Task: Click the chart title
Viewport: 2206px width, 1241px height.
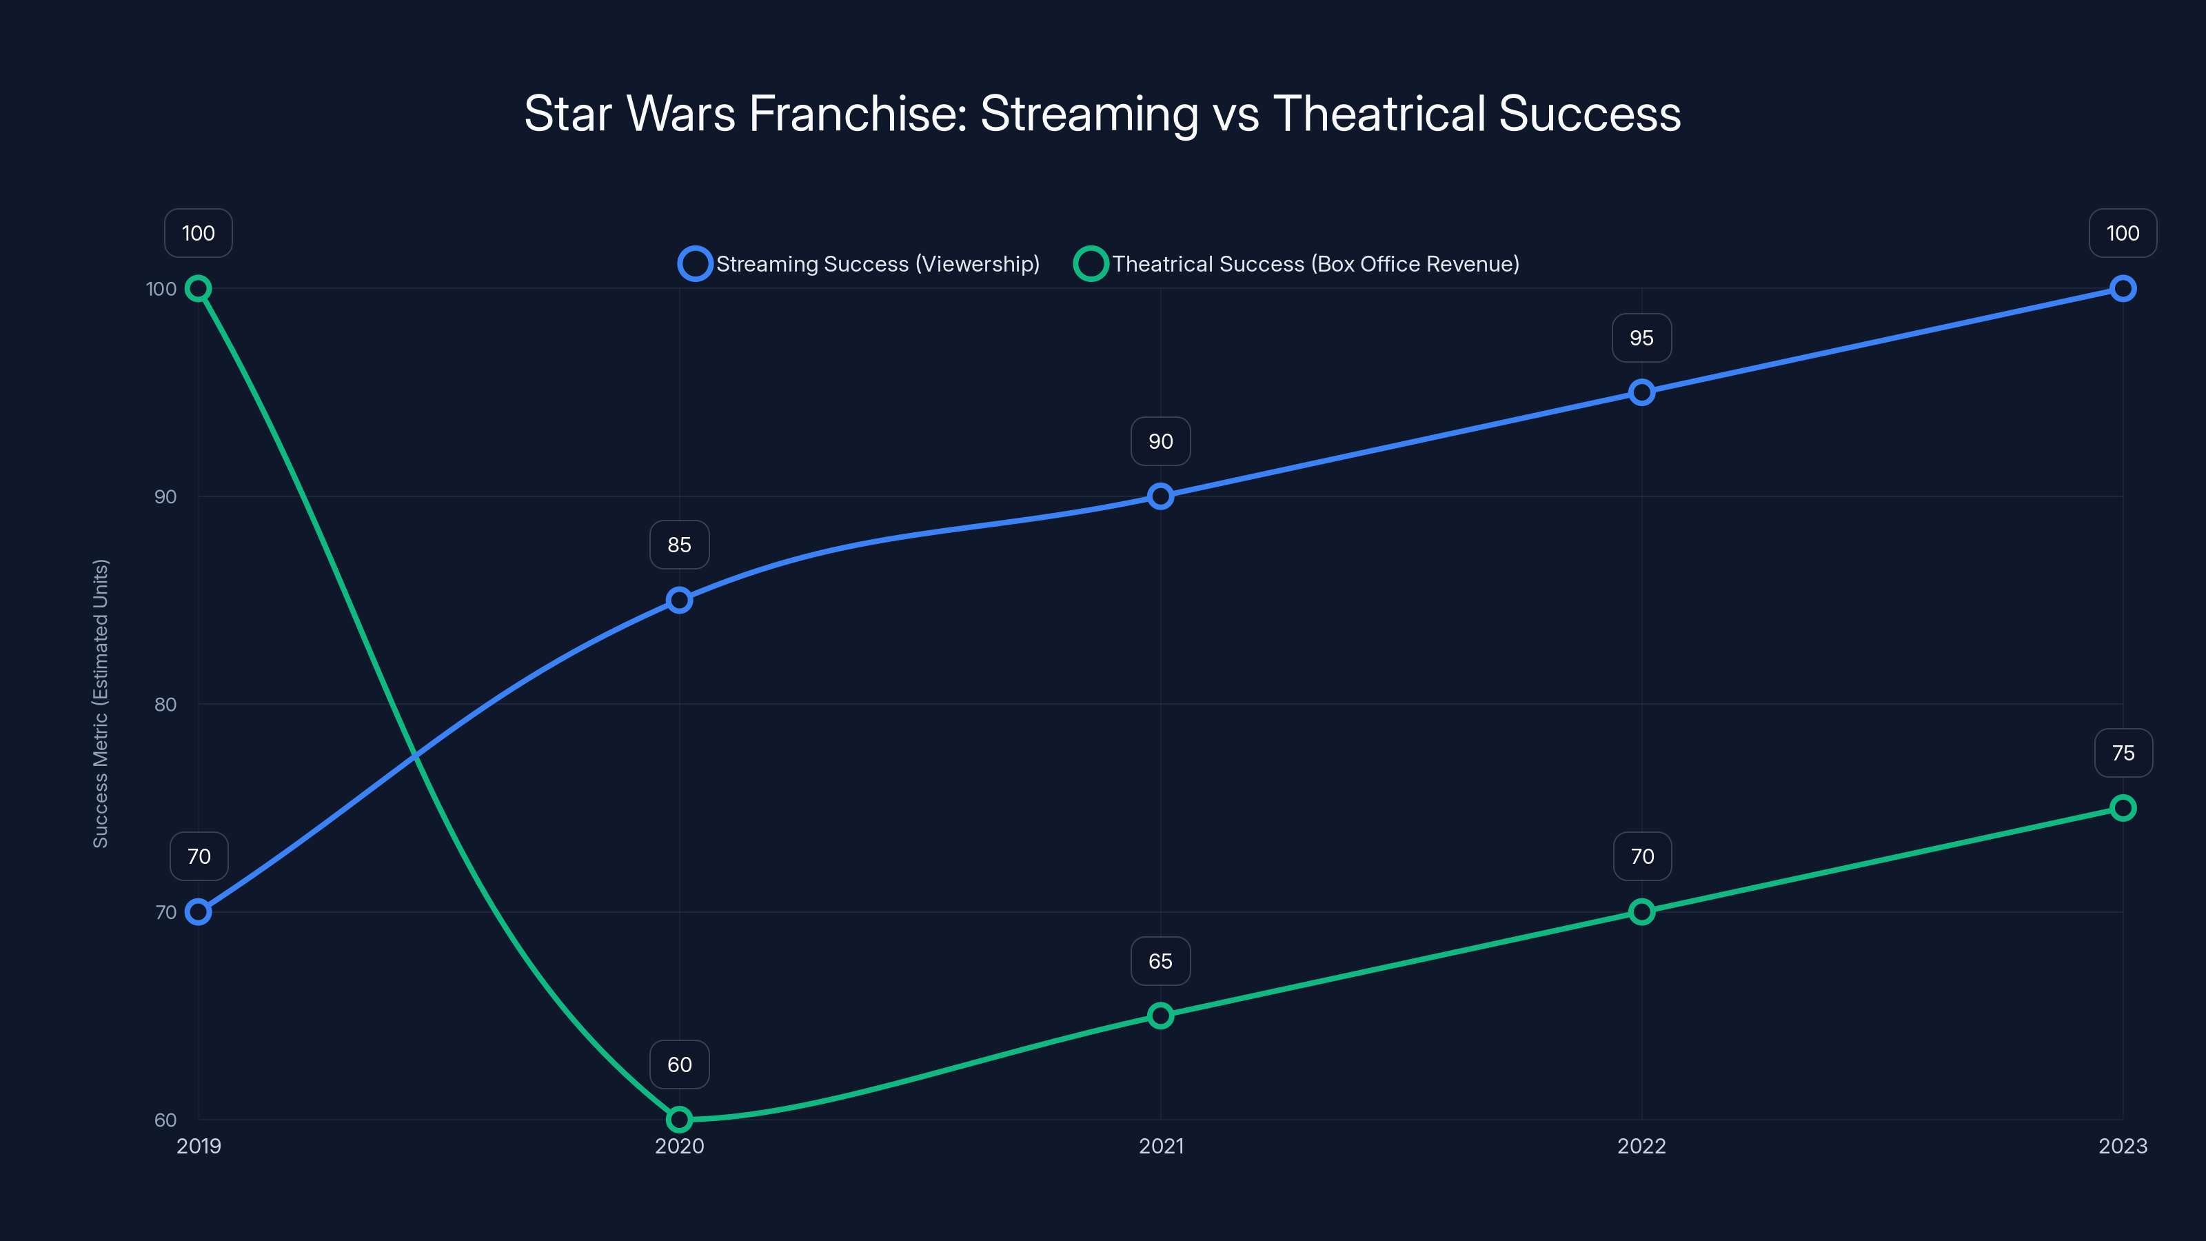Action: [x=1102, y=113]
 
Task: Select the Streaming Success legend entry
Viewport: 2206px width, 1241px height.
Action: [x=859, y=264]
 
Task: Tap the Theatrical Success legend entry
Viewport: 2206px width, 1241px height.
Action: [x=1297, y=264]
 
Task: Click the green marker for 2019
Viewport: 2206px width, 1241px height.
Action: [x=199, y=289]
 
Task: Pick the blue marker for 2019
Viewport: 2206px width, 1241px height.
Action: [x=199, y=912]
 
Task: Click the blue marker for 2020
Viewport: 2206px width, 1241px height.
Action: [x=679, y=601]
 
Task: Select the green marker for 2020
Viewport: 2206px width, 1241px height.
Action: [x=679, y=1120]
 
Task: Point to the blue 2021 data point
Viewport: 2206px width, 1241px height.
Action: [x=1160, y=496]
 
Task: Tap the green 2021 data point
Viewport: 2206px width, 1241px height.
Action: [x=1160, y=1016]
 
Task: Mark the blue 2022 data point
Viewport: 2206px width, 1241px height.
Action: [x=1641, y=393]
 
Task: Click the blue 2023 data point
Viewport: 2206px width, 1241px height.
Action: [x=2123, y=289]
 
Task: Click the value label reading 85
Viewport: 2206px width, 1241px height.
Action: [x=679, y=545]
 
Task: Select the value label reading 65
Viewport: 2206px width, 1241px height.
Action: [x=1160, y=961]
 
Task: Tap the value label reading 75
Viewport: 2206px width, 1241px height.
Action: [x=2123, y=753]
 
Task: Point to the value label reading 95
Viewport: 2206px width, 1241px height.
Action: [x=1641, y=337]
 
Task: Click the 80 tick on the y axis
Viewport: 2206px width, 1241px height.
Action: [x=165, y=704]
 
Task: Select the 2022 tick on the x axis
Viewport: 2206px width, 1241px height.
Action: [x=1641, y=1146]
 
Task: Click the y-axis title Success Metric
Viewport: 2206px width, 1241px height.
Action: [x=101, y=703]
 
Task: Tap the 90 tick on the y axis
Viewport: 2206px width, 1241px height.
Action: [x=165, y=496]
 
